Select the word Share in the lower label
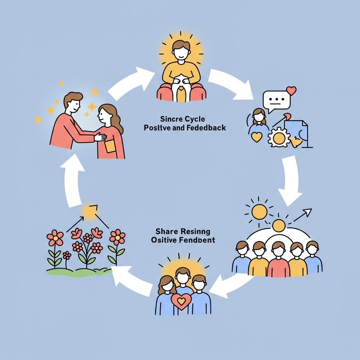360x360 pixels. point(165,232)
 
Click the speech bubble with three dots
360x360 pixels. point(277,100)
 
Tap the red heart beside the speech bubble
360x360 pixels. point(291,91)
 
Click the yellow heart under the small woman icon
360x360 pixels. point(257,137)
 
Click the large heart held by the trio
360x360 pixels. point(181,301)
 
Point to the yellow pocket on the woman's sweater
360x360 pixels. point(110,146)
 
